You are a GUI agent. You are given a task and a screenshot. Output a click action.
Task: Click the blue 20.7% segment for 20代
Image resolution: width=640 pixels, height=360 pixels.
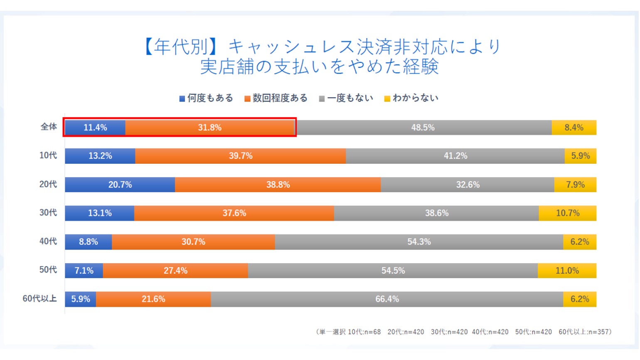pos(120,185)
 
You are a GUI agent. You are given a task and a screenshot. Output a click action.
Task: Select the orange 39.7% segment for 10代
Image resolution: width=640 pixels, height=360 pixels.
pos(240,156)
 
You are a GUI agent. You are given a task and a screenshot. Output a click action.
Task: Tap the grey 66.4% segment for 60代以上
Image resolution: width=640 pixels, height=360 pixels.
pos(387,299)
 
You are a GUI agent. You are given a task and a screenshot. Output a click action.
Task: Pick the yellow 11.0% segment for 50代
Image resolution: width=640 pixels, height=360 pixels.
pos(567,271)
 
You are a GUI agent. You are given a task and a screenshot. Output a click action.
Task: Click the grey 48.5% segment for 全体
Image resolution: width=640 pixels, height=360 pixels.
pos(423,128)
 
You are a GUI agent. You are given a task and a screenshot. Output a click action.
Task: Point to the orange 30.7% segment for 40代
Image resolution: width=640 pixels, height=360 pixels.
pos(193,242)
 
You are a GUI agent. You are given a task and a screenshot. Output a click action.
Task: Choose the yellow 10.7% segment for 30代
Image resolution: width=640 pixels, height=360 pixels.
pos(567,213)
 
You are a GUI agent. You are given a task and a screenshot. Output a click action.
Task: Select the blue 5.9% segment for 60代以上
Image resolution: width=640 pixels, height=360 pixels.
pos(80,299)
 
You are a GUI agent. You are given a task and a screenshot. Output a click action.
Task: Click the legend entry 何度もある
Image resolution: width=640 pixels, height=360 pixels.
pos(206,98)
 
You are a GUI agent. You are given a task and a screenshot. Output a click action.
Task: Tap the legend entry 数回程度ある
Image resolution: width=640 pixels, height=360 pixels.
pos(276,98)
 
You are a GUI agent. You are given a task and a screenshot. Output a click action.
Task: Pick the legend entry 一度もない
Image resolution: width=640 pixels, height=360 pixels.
pos(346,98)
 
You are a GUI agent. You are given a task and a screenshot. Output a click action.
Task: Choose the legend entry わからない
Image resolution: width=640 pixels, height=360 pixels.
pos(411,98)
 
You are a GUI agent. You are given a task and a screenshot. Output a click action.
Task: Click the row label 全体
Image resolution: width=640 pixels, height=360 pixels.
pos(49,127)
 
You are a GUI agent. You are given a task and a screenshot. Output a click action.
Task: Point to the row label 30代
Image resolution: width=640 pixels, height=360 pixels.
pos(48,213)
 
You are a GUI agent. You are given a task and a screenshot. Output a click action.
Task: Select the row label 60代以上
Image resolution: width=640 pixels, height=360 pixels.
pos(40,299)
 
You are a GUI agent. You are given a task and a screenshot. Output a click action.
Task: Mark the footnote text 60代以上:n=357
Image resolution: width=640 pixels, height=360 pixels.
pos(584,332)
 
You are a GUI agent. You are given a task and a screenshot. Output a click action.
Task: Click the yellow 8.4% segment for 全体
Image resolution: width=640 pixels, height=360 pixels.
pos(574,128)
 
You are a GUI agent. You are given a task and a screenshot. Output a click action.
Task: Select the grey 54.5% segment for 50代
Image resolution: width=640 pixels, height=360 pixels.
pos(393,271)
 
